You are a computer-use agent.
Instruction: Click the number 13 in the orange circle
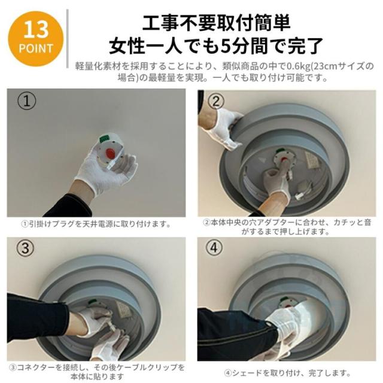[x=36, y=29]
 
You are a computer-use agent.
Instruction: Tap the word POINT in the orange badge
[x=36, y=48]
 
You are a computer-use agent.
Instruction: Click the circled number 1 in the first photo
[x=26, y=101]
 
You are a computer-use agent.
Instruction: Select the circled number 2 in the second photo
[x=215, y=101]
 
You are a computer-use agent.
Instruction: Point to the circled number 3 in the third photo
[x=25, y=248]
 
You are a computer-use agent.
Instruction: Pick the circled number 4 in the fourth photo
[x=214, y=248]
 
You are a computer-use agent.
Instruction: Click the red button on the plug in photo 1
[x=111, y=153]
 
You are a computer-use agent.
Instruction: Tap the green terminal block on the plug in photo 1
[x=105, y=139]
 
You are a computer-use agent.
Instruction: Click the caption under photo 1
[x=96, y=224]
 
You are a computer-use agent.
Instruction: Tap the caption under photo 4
[x=287, y=373]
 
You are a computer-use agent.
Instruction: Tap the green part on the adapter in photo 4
[x=285, y=299]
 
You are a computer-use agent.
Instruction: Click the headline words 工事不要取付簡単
[x=216, y=23]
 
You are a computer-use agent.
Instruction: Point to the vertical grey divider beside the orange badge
[x=68, y=38]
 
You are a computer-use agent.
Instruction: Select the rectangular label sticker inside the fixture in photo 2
[x=312, y=160]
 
